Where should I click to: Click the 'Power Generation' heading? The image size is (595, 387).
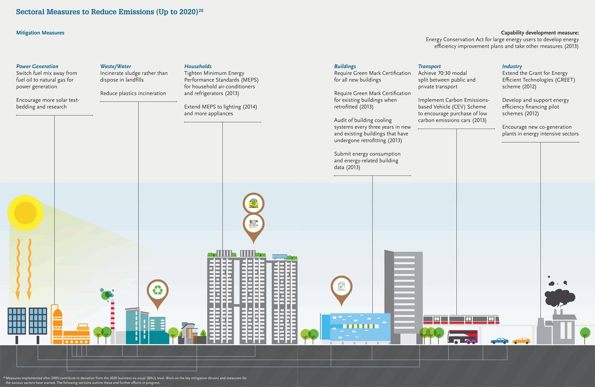click(x=37, y=66)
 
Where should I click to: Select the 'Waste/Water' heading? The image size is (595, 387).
click(x=116, y=66)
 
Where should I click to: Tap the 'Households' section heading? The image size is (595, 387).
click(x=198, y=66)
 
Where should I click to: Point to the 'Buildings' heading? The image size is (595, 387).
click(x=345, y=66)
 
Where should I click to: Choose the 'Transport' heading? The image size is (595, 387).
click(x=430, y=66)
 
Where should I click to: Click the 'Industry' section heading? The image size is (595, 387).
click(x=512, y=66)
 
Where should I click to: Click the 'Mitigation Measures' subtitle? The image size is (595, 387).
click(x=40, y=33)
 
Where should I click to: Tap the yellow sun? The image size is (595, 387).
click(x=25, y=213)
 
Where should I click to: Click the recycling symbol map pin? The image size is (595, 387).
click(x=158, y=291)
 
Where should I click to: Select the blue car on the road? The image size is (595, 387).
click(x=499, y=341)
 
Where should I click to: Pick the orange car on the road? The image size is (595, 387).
click(x=521, y=341)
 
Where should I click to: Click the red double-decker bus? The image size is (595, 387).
click(x=463, y=337)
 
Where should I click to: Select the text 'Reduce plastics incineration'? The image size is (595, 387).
click(x=133, y=93)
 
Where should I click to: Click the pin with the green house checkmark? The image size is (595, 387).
click(x=341, y=287)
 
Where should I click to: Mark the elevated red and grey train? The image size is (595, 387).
click(x=461, y=319)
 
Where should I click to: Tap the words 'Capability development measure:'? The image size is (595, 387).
click(x=540, y=33)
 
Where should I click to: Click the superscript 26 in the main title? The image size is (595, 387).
click(x=201, y=10)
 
